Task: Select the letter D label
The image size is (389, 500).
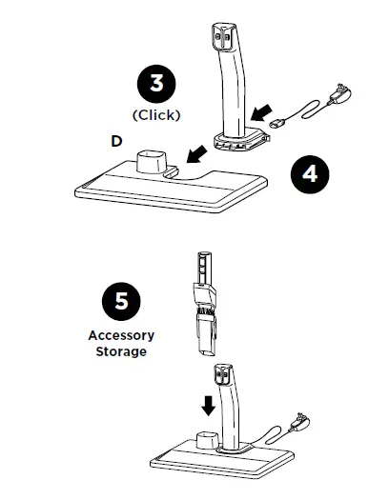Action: (x=115, y=141)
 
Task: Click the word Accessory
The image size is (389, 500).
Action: (x=121, y=335)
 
